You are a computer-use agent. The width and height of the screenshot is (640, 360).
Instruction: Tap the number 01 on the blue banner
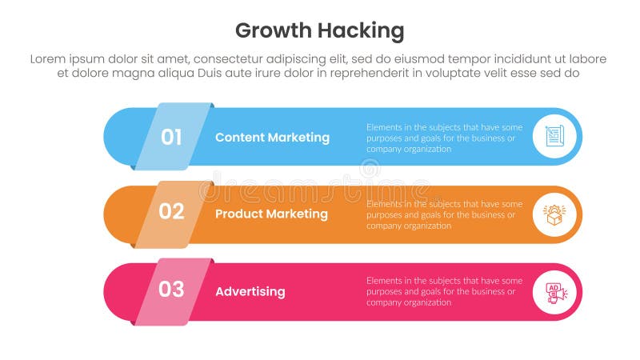[171, 137]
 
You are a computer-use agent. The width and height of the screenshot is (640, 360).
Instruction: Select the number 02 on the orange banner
[171, 212]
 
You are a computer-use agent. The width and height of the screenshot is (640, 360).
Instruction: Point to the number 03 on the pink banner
[171, 290]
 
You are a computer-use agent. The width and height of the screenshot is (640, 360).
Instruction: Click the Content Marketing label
[272, 137]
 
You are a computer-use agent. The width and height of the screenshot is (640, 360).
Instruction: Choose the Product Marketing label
[271, 214]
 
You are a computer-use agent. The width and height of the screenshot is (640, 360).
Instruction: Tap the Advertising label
[250, 291]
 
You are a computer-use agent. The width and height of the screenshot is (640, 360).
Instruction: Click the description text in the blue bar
[444, 137]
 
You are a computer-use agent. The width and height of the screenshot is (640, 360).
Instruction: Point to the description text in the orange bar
[444, 214]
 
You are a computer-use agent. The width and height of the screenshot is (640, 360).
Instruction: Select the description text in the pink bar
[444, 291]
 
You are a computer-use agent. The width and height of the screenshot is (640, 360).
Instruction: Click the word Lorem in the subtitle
[50, 59]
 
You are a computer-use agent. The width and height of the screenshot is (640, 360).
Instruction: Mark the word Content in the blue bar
[239, 137]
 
